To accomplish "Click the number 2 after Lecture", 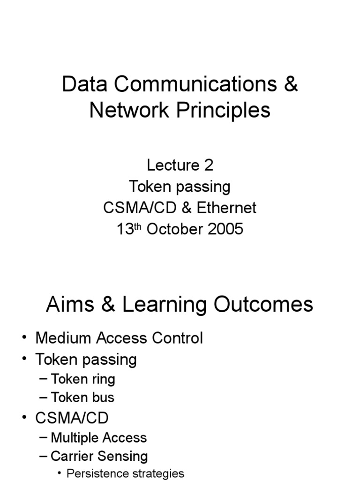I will point(209,165).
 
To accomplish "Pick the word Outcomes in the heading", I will point(263,305).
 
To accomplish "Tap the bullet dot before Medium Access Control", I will point(24,338).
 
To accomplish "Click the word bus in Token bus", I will point(103,397).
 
